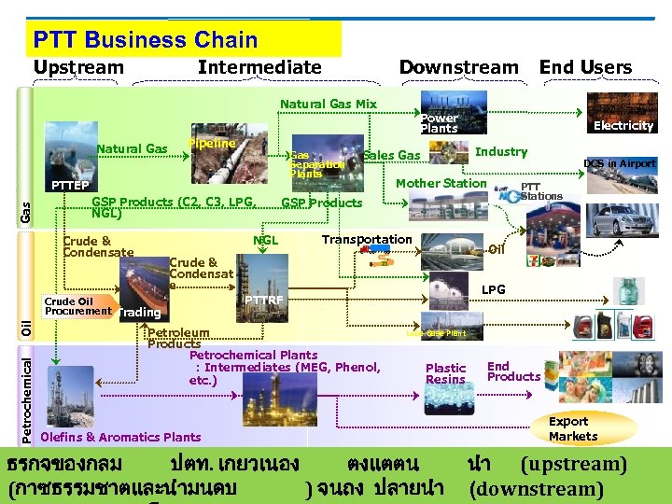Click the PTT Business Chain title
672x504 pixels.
pos(146,40)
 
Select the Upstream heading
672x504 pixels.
pos(78,67)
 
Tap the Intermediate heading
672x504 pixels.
pos(259,67)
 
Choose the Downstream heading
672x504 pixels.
pos(458,67)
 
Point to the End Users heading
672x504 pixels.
pos(585,67)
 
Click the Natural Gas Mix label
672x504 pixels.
pos(329,105)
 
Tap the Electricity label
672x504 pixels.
pos(623,125)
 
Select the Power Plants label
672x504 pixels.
pos(439,123)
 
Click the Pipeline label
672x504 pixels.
pos(212,143)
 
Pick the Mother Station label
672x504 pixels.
pos(441,183)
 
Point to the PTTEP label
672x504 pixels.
pos(69,185)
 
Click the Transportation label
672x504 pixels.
pos(366,240)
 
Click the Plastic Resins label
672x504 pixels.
pos(445,373)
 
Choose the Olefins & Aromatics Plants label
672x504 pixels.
pos(121,436)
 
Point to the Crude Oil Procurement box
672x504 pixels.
pos(77,306)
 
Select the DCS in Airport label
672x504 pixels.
pos(619,163)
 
